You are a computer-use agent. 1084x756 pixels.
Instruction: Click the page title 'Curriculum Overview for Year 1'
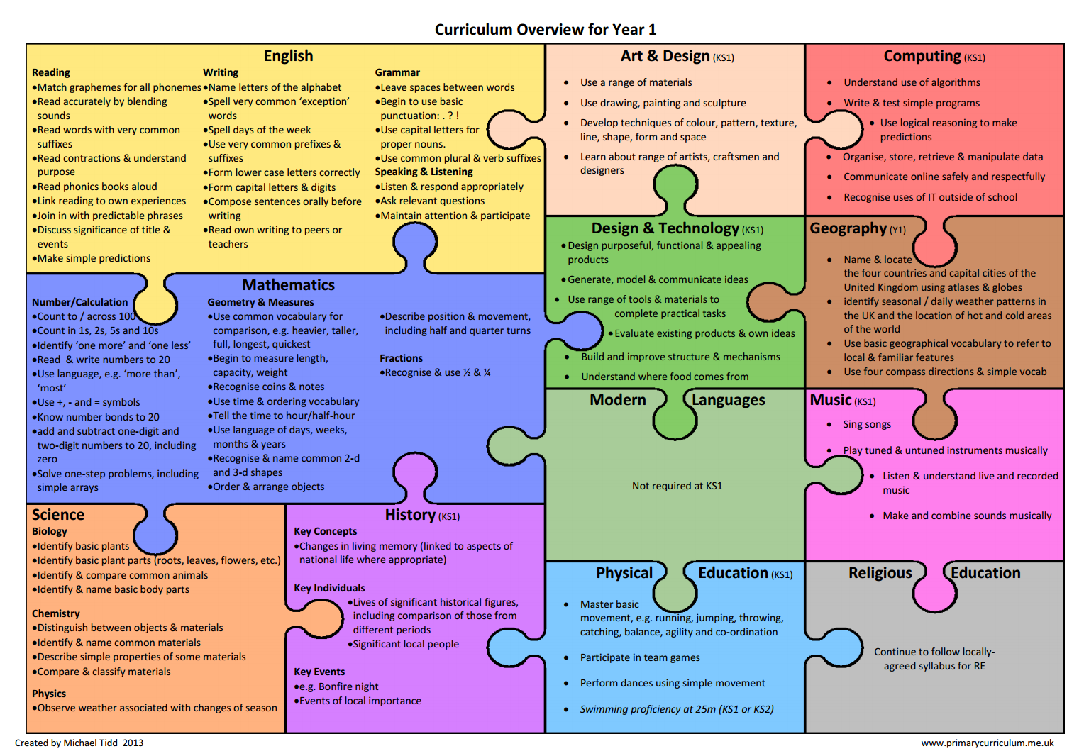(545, 29)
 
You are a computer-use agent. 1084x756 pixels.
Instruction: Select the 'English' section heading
(288, 56)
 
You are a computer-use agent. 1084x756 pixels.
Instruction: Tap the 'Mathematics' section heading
(288, 285)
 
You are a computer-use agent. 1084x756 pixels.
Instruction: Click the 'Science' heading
(58, 515)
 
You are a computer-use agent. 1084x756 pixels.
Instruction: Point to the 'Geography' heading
(848, 228)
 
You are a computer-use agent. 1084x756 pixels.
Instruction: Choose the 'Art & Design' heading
(665, 56)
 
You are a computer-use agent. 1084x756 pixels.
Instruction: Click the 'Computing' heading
(922, 56)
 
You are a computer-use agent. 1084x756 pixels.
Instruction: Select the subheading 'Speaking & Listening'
(424, 172)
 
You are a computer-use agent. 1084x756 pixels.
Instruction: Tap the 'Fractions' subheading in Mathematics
(401, 358)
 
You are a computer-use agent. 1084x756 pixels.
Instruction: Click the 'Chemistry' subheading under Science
(56, 613)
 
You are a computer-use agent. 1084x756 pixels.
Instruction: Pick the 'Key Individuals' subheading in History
(329, 588)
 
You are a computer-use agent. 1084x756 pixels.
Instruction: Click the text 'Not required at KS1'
(677, 486)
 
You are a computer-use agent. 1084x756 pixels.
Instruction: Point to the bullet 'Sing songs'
(867, 424)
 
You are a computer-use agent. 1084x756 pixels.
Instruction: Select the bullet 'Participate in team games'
(640, 657)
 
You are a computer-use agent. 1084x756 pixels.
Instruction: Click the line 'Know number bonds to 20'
(98, 417)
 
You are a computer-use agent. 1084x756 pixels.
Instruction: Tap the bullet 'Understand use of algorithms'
(912, 82)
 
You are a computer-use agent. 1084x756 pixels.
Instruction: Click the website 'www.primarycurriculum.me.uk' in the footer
(988, 743)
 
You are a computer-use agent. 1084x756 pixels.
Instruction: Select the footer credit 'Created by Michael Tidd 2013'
(79, 743)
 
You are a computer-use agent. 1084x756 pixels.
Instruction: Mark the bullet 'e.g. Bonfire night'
(338, 686)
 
